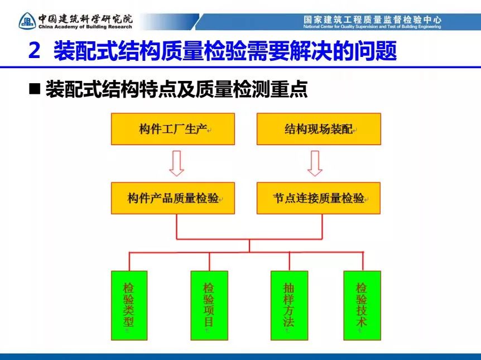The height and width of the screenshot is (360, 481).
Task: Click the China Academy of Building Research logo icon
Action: (x=27, y=21)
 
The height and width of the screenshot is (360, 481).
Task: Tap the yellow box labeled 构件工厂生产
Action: (x=173, y=129)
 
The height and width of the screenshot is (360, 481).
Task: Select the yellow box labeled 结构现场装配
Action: (x=319, y=129)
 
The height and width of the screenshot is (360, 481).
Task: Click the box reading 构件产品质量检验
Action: (x=173, y=198)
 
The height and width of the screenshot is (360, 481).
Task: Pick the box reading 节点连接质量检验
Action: (x=319, y=198)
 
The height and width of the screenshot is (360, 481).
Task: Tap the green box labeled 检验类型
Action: (x=129, y=305)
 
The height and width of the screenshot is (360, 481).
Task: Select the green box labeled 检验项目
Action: (x=209, y=305)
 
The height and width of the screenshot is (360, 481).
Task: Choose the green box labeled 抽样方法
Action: (x=289, y=305)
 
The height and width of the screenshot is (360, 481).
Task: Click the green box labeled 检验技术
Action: (x=362, y=305)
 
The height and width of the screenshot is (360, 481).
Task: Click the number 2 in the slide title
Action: (x=35, y=51)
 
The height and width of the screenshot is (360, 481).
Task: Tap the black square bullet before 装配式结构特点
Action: (x=35, y=89)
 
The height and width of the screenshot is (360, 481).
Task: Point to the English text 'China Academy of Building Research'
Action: (x=85, y=27)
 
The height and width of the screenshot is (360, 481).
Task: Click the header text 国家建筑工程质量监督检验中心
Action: (x=372, y=20)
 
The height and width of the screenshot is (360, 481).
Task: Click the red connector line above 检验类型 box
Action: (x=129, y=261)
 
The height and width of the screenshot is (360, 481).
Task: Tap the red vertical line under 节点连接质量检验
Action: (x=322, y=227)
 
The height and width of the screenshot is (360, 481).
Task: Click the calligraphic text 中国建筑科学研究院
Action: (x=85, y=19)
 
